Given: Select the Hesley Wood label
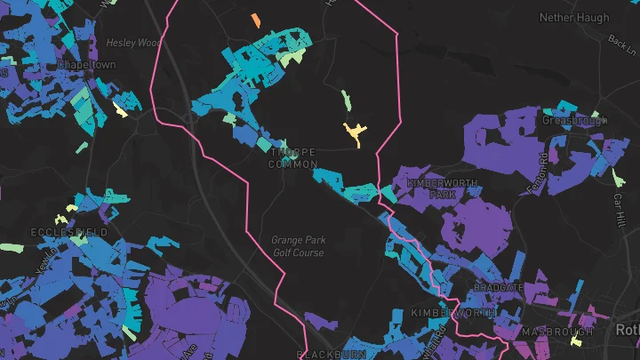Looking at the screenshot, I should (132, 42).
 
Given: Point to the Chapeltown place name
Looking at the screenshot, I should (85, 65).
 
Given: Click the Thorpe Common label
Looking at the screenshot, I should (292, 158).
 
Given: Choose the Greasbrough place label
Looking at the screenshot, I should (573, 119).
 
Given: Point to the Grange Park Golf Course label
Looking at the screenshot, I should (298, 246).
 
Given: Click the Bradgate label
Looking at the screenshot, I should (499, 288).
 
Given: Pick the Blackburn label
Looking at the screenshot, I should (332, 354).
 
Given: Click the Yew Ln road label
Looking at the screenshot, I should (41, 261).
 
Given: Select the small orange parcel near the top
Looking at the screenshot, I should (256, 20).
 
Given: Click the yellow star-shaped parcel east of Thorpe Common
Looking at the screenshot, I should (355, 134).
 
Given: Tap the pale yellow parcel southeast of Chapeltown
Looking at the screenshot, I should (120, 111).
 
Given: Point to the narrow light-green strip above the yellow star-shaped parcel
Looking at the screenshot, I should (346, 100).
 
